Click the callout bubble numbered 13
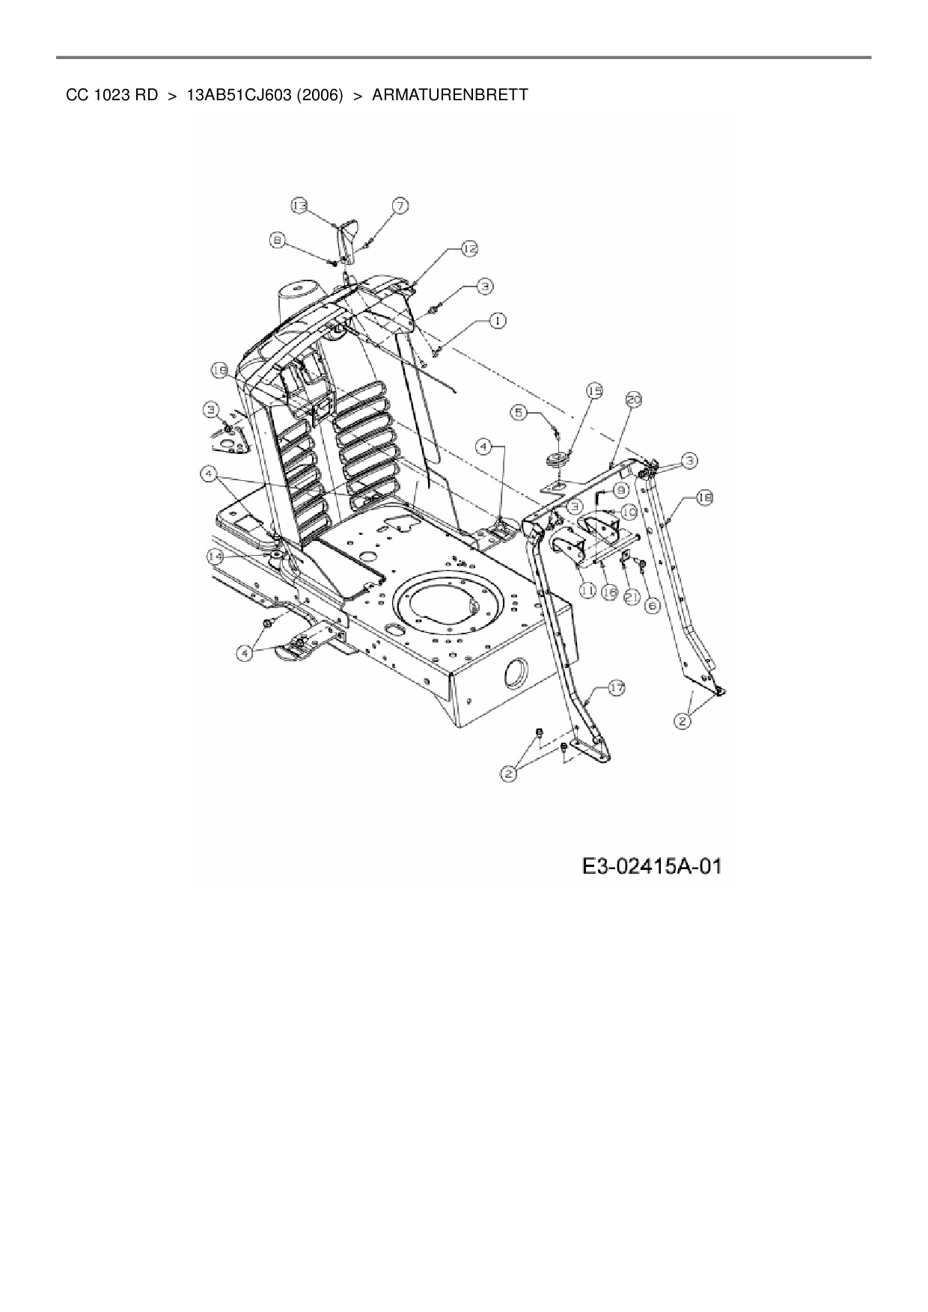point(299,206)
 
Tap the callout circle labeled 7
point(401,206)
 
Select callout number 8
point(278,240)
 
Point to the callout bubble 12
point(468,248)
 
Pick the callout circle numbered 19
point(219,370)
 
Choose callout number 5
point(521,411)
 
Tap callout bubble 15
point(594,390)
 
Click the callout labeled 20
point(633,401)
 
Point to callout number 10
point(629,512)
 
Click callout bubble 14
point(215,557)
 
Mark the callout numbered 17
point(616,688)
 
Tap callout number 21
point(631,596)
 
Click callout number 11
point(587,591)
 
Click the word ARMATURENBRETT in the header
point(450,96)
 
